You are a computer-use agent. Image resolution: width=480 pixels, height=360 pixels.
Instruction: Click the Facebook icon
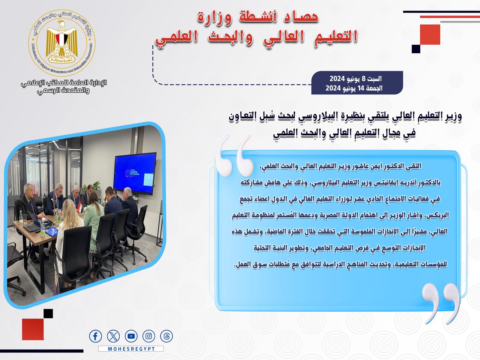click(95, 336)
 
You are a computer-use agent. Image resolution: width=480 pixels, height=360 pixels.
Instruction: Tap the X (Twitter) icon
click(113, 336)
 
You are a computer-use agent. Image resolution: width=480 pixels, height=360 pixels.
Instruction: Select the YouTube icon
click(131, 336)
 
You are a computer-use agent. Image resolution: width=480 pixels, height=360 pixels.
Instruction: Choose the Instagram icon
click(149, 336)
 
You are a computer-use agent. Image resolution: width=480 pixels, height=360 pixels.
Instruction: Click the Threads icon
click(166, 336)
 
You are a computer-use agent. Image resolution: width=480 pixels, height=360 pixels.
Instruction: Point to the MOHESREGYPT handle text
click(131, 349)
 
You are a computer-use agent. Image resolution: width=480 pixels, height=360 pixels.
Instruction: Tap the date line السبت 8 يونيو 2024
click(355, 79)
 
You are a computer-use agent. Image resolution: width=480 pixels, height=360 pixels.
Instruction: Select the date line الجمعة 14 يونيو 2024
click(354, 88)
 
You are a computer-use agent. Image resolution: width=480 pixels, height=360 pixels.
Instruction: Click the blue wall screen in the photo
click(135, 173)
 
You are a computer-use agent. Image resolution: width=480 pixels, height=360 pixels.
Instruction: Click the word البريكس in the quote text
click(436, 215)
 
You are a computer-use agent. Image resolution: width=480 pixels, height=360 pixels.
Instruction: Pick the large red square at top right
click(430, 34)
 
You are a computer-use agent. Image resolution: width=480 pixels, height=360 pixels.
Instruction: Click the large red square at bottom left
click(33, 329)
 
